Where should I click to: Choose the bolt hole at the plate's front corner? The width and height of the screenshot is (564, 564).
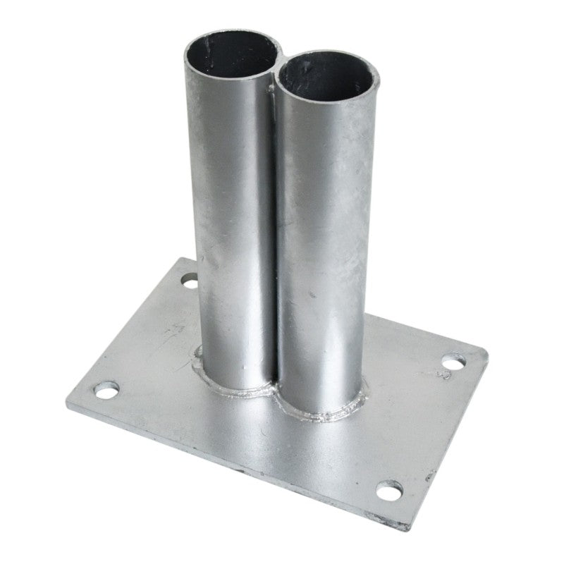389,488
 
